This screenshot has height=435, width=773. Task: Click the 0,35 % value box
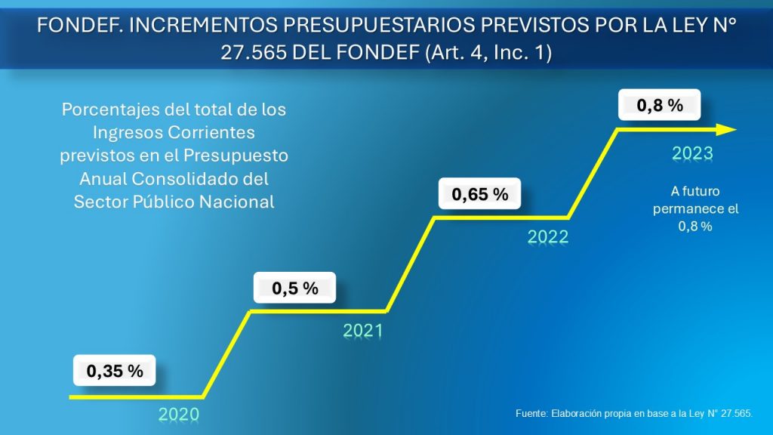[115, 371]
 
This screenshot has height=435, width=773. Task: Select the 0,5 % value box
[294, 288]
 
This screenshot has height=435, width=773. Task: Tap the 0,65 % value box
[480, 194]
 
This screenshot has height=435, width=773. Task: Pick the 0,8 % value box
[660, 106]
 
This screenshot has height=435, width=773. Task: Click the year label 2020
[179, 414]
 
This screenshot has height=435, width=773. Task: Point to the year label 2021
[363, 331]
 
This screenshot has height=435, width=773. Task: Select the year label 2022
[547, 237]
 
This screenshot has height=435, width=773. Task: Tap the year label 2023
[693, 153]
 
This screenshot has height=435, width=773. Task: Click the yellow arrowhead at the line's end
[725, 130]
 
